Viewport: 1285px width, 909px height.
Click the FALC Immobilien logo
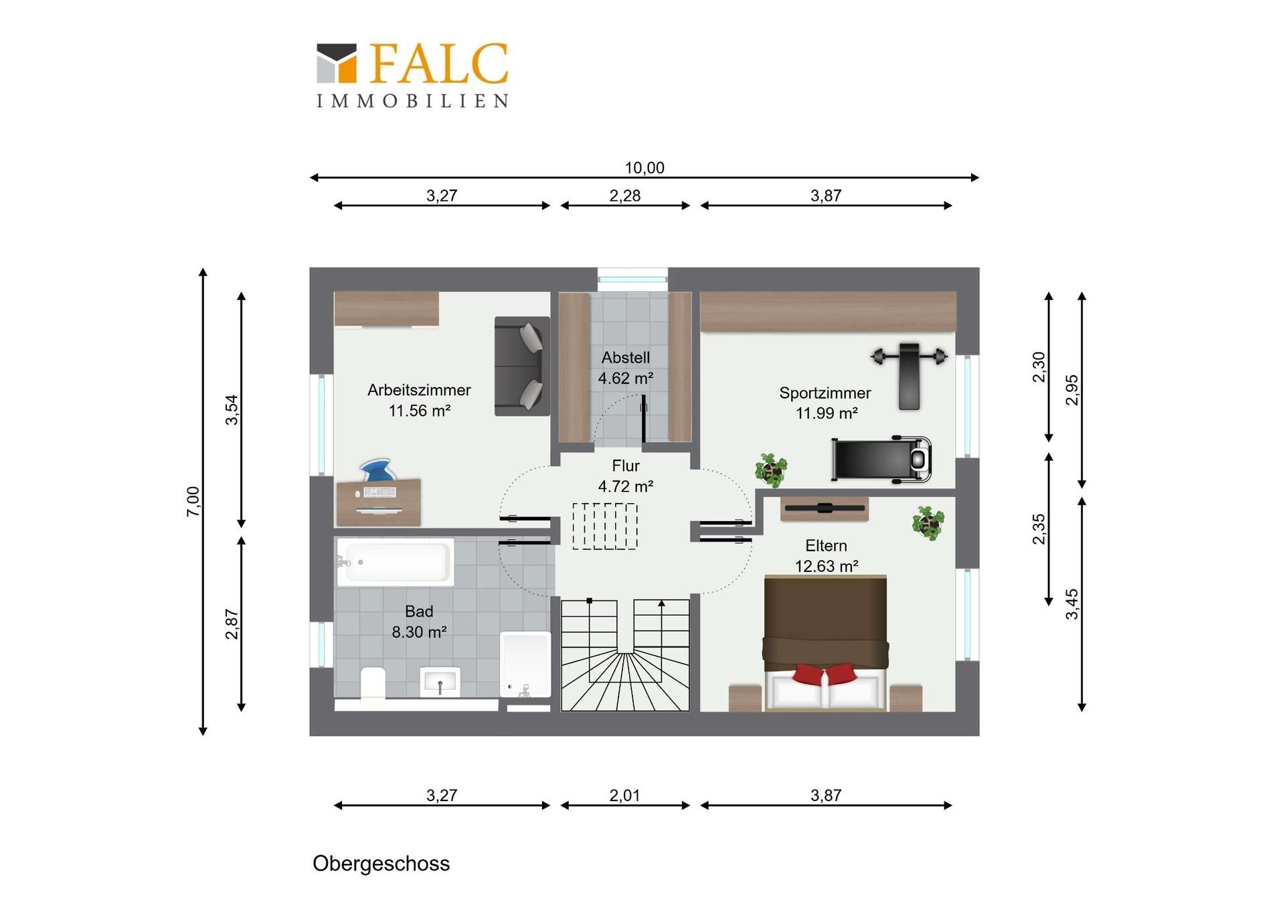[x=412, y=75]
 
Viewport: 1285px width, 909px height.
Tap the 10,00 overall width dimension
[x=645, y=167]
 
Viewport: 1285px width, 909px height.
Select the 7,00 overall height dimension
[x=193, y=501]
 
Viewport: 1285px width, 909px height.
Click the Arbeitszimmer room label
[x=419, y=390]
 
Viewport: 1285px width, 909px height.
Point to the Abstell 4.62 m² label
[x=626, y=368]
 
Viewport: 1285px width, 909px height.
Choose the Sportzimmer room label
[x=825, y=393]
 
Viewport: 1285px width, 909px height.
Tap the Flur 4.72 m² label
[x=626, y=476]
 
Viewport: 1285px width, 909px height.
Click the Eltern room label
[x=826, y=545]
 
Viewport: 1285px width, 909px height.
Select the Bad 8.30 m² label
[x=419, y=621]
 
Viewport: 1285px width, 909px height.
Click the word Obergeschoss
[x=381, y=863]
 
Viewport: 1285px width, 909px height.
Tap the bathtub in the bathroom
[x=395, y=562]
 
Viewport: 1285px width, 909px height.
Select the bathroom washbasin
[x=440, y=682]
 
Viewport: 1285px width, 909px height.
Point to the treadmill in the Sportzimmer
[x=881, y=460]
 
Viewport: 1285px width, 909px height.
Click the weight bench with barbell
[x=909, y=374]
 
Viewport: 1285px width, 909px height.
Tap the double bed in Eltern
[x=826, y=643]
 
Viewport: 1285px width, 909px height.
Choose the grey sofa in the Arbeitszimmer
[x=522, y=366]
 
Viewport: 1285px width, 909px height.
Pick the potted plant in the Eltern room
[x=928, y=522]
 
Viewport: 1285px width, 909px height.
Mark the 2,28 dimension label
[x=624, y=196]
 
